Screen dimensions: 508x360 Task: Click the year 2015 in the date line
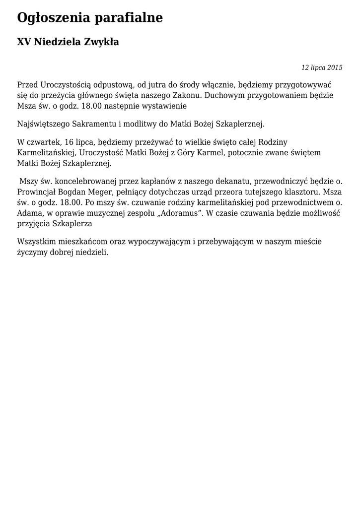(335, 67)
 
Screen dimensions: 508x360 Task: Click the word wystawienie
(161, 106)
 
